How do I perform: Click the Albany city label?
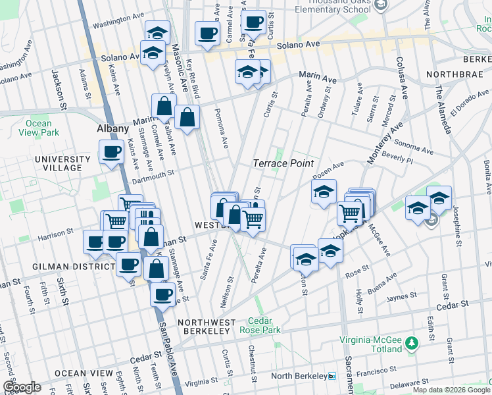point(112,128)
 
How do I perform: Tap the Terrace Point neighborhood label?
point(283,163)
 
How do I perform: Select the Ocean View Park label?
point(38,128)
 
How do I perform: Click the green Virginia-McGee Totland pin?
point(412,343)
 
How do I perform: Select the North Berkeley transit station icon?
point(332,376)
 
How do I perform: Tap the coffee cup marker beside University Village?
point(111,152)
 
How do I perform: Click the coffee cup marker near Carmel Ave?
point(208,34)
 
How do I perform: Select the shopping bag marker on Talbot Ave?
point(187,118)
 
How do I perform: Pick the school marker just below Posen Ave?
point(324,192)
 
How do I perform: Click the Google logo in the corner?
point(22,387)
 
